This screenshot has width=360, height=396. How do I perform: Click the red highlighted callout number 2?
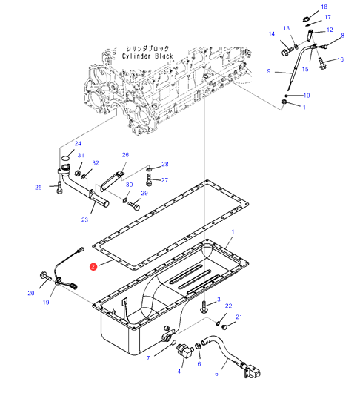click(x=93, y=267)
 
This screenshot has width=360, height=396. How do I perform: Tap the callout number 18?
click(x=324, y=7)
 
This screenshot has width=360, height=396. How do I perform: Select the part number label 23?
click(x=84, y=220)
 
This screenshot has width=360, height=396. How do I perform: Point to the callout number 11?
click(x=303, y=108)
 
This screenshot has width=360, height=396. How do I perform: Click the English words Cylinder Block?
click(x=147, y=56)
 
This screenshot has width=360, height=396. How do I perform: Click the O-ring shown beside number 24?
click(x=65, y=159)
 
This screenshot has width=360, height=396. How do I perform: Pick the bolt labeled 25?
click(x=59, y=188)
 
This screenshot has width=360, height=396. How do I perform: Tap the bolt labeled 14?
click(x=287, y=50)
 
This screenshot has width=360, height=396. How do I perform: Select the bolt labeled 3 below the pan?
click(x=204, y=307)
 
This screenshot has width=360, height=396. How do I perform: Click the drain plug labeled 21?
click(x=224, y=327)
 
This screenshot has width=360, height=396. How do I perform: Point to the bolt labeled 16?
click(x=321, y=63)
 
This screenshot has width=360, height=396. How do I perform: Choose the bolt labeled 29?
click(x=134, y=205)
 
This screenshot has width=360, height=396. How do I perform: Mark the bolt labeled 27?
click(x=149, y=179)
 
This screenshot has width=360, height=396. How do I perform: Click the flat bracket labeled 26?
click(x=112, y=182)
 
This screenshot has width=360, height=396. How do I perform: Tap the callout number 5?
click(x=216, y=374)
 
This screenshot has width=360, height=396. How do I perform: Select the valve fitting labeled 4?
click(x=185, y=350)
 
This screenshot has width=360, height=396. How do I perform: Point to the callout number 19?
click(x=46, y=302)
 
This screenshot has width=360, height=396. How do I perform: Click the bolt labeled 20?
click(x=45, y=276)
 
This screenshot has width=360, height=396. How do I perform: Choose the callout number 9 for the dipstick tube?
click(x=269, y=71)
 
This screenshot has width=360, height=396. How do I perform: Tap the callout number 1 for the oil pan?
click(x=233, y=231)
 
